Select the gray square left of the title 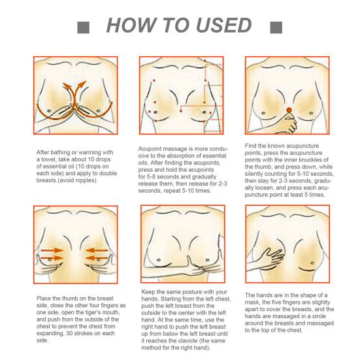pos(83,27)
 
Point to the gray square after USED pos(276,27)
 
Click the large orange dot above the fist pos(289,110)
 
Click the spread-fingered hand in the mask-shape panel pos(272,258)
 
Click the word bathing pos(59,152)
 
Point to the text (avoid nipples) pos(76,180)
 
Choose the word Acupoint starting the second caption pos(150,149)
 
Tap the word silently pos(254,174)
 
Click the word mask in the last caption pos(252,303)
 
